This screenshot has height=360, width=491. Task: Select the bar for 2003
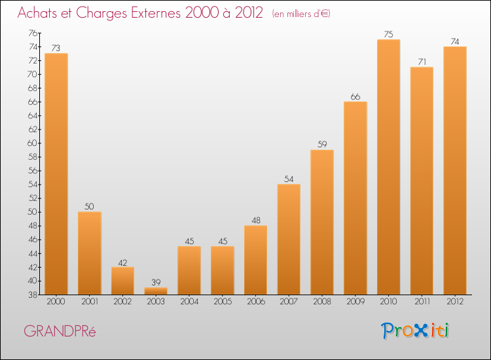point(156,291)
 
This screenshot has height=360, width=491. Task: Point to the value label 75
point(388,35)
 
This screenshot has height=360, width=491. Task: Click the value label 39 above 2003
point(156,282)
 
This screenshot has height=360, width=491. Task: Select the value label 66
point(355,97)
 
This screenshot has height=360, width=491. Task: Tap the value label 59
point(322,145)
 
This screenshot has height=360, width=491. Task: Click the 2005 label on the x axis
point(222,302)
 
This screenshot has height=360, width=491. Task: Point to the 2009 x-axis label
point(355,302)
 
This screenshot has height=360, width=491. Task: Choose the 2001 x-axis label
point(89,302)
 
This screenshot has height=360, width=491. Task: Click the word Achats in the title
point(38,13)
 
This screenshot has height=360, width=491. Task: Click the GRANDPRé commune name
point(60,331)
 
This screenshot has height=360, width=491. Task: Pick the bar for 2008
point(322,223)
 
